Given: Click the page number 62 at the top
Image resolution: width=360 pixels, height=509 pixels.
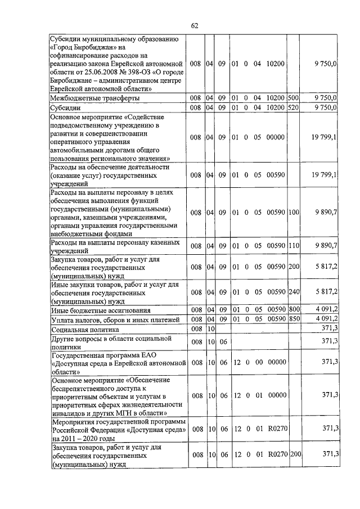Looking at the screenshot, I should [x=195, y=26].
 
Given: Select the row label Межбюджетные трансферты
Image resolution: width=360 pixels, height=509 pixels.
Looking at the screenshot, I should [x=95, y=98].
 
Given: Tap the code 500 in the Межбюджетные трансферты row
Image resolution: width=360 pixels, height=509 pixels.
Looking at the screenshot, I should [x=293, y=98].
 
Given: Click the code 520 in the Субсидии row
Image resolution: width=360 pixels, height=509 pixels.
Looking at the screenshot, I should [x=293, y=107].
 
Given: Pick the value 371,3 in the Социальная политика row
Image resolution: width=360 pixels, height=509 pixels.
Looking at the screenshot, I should [x=329, y=329].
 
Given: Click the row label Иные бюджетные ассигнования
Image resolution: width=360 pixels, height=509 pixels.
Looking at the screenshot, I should [x=101, y=310].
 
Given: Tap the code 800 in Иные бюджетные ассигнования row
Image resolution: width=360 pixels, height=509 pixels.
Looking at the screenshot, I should [x=293, y=310].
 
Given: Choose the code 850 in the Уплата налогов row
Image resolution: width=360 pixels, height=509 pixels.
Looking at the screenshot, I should [x=293, y=319].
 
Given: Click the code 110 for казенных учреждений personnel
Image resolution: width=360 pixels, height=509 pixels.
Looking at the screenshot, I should [x=293, y=245].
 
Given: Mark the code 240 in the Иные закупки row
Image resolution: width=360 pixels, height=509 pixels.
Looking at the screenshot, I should [x=293, y=291].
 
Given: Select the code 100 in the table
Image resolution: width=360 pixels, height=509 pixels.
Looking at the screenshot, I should [x=293, y=212].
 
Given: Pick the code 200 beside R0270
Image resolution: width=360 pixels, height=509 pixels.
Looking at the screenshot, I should [x=293, y=454].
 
